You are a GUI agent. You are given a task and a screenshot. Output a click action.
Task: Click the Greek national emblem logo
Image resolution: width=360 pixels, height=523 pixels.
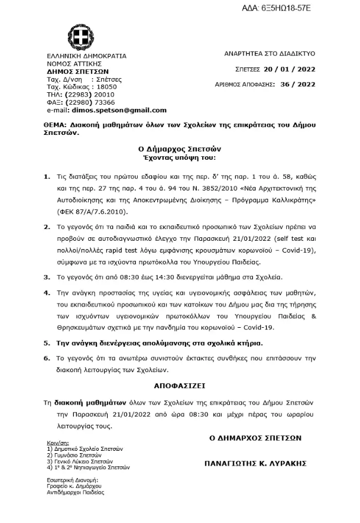click(79, 37)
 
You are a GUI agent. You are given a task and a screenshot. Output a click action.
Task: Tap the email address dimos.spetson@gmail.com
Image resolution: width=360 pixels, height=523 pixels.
click(119, 110)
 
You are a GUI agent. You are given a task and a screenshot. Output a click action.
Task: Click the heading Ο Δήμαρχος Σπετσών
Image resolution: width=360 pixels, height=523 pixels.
click(180, 149)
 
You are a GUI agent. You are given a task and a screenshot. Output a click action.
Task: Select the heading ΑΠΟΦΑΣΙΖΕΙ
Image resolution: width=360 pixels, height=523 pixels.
click(179, 385)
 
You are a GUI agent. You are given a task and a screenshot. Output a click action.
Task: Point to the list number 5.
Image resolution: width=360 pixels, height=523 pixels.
click(47, 343)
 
